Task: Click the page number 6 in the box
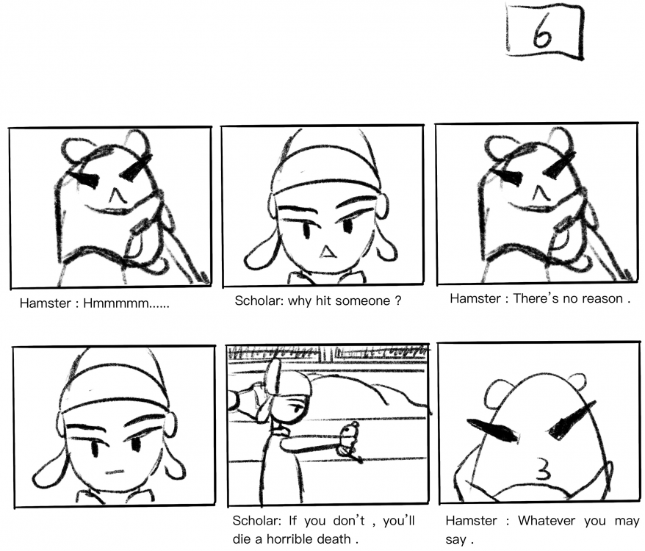[541, 32]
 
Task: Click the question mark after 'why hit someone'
[397, 300]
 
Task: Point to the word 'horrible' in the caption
[324, 539]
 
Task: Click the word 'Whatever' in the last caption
[547, 521]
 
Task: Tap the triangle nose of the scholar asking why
[328, 252]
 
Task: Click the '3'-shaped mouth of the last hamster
[543, 470]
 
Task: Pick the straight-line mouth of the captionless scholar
[115, 472]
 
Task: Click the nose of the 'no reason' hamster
[541, 192]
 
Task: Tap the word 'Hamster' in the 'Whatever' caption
[471, 521]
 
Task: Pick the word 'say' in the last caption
[455, 539]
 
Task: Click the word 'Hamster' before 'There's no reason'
[475, 298]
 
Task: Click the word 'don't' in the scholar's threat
[349, 521]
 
